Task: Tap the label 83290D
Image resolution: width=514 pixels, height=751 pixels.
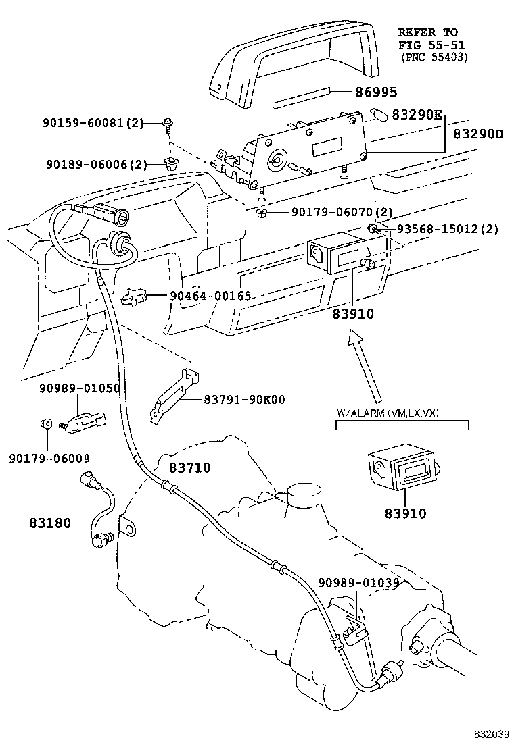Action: click(478, 134)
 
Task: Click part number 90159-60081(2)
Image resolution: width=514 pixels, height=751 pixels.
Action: click(93, 123)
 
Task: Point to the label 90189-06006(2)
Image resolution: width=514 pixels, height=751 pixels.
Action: click(96, 164)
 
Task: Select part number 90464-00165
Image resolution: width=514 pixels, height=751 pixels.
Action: click(210, 296)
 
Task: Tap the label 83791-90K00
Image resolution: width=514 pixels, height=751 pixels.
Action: click(244, 400)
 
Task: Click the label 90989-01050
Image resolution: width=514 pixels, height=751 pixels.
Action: click(79, 388)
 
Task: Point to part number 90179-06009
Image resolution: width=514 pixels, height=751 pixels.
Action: click(49, 458)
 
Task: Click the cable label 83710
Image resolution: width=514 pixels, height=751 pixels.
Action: click(190, 467)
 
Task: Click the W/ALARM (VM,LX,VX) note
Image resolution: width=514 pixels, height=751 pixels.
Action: click(388, 413)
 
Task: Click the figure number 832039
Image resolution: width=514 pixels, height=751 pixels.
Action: click(490, 733)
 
